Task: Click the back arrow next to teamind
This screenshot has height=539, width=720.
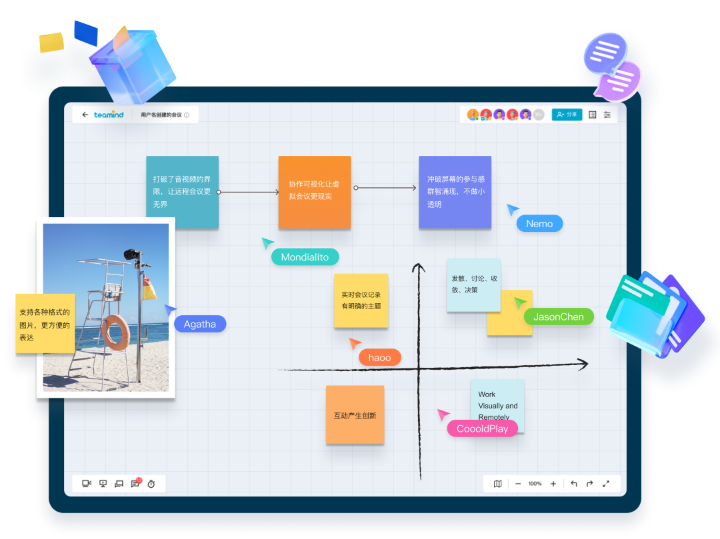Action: tap(85, 115)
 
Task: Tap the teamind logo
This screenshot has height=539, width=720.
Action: tap(109, 115)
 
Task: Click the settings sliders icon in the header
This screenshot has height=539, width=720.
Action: tap(607, 115)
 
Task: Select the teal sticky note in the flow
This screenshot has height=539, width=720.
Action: tap(182, 192)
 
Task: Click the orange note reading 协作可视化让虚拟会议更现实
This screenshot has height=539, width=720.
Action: tap(314, 192)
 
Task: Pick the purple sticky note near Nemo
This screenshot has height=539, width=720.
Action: tap(455, 192)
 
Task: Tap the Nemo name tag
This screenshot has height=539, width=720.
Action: tap(539, 224)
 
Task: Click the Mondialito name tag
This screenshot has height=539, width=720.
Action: tap(305, 257)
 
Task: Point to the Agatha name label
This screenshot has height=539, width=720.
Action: tap(200, 324)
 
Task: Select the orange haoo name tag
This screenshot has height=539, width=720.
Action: tap(379, 358)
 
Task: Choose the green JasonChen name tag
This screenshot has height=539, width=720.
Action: tap(558, 317)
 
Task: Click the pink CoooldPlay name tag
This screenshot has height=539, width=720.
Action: tap(482, 429)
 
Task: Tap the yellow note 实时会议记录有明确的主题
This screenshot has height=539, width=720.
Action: tap(361, 300)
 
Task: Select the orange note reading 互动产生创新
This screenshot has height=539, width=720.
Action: tap(355, 415)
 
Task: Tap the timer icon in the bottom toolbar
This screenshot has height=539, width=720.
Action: tap(151, 484)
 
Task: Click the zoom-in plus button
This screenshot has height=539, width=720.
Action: tap(553, 484)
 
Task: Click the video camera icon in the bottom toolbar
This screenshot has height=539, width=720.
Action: tap(86, 484)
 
